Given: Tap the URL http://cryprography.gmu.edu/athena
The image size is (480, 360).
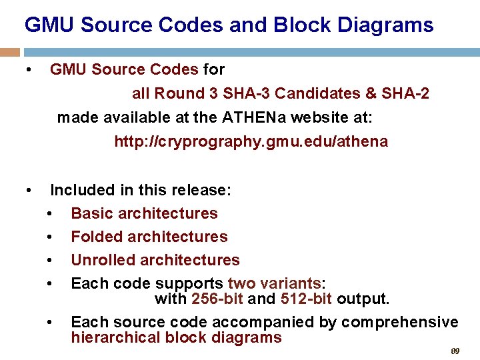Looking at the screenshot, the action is tap(251, 141).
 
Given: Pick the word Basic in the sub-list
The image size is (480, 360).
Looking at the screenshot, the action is tap(92, 213).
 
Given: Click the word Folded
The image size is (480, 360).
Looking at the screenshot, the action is tap(97, 237).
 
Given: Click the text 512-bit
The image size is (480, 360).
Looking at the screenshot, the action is tap(306, 298).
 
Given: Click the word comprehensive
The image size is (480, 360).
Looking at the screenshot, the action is tap(400, 323).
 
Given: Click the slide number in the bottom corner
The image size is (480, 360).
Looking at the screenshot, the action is tap(456, 351).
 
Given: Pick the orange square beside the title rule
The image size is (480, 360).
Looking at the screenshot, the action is tap(9, 52).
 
